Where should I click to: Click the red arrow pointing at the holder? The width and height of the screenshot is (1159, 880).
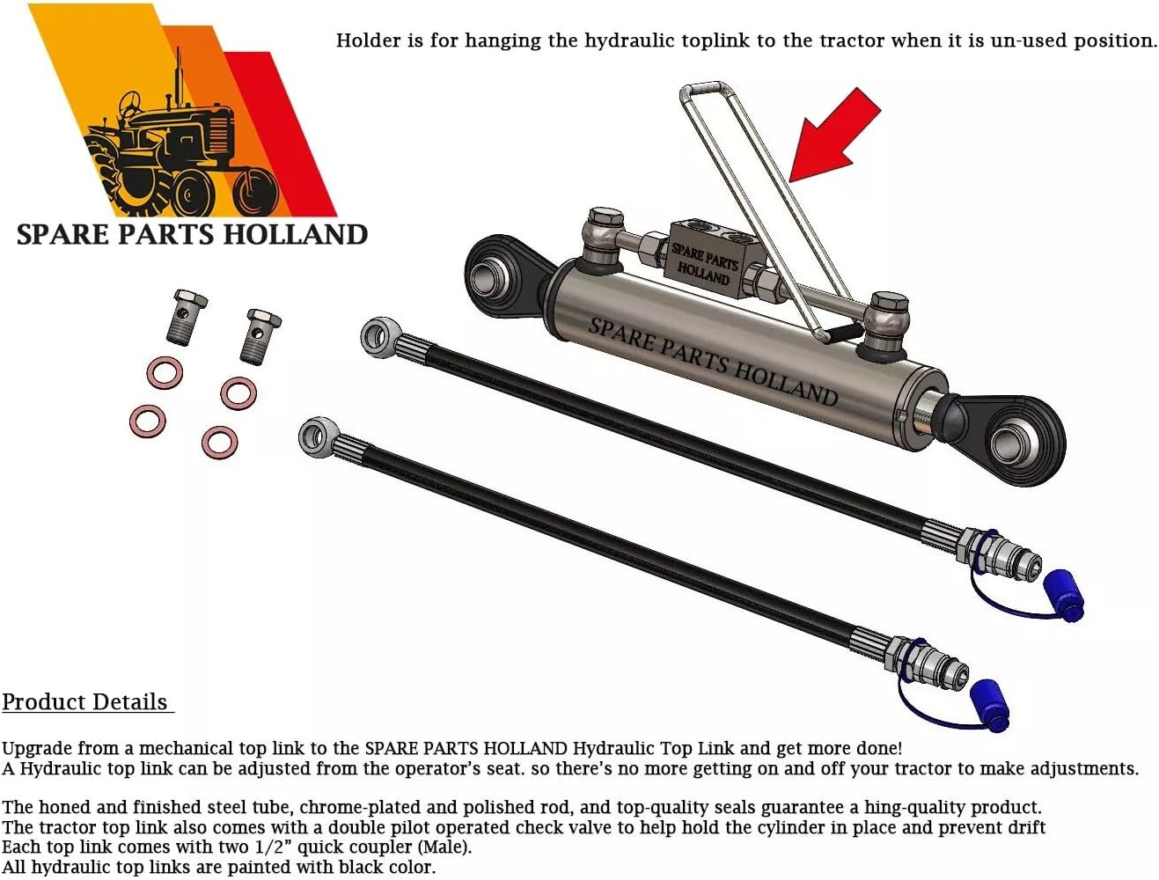pos(832,136)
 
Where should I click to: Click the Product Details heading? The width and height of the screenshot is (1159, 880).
pos(85,702)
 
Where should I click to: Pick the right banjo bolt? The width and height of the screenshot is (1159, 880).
pos(260,334)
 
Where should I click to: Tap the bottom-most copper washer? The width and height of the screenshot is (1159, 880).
pos(219,442)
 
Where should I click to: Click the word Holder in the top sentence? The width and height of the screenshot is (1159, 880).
pos(369,40)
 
